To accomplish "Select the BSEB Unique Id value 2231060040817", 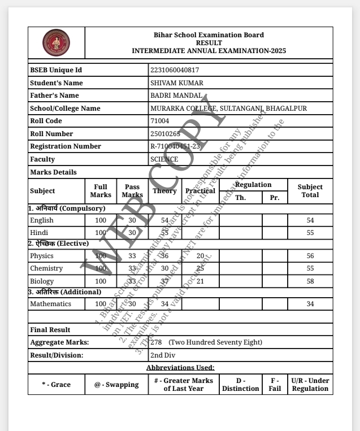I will click(x=175, y=70).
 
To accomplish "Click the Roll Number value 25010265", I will click(x=166, y=134).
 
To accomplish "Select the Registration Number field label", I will click(x=66, y=146).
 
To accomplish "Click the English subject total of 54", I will click(x=310, y=220).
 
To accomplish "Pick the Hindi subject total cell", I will click(x=310, y=232).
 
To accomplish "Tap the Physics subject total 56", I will click(x=310, y=256).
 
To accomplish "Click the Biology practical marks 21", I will click(x=200, y=281).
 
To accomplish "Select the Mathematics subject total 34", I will click(x=310, y=304).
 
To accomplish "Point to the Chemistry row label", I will click(x=46, y=268).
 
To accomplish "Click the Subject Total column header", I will click(x=310, y=191).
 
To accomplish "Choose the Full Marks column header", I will click(x=101, y=191).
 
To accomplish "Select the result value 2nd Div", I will click(x=163, y=355).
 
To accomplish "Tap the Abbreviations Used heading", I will click(x=180, y=368).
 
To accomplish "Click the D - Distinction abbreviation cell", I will click(x=240, y=385).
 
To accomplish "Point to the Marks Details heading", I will click(x=53, y=172).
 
